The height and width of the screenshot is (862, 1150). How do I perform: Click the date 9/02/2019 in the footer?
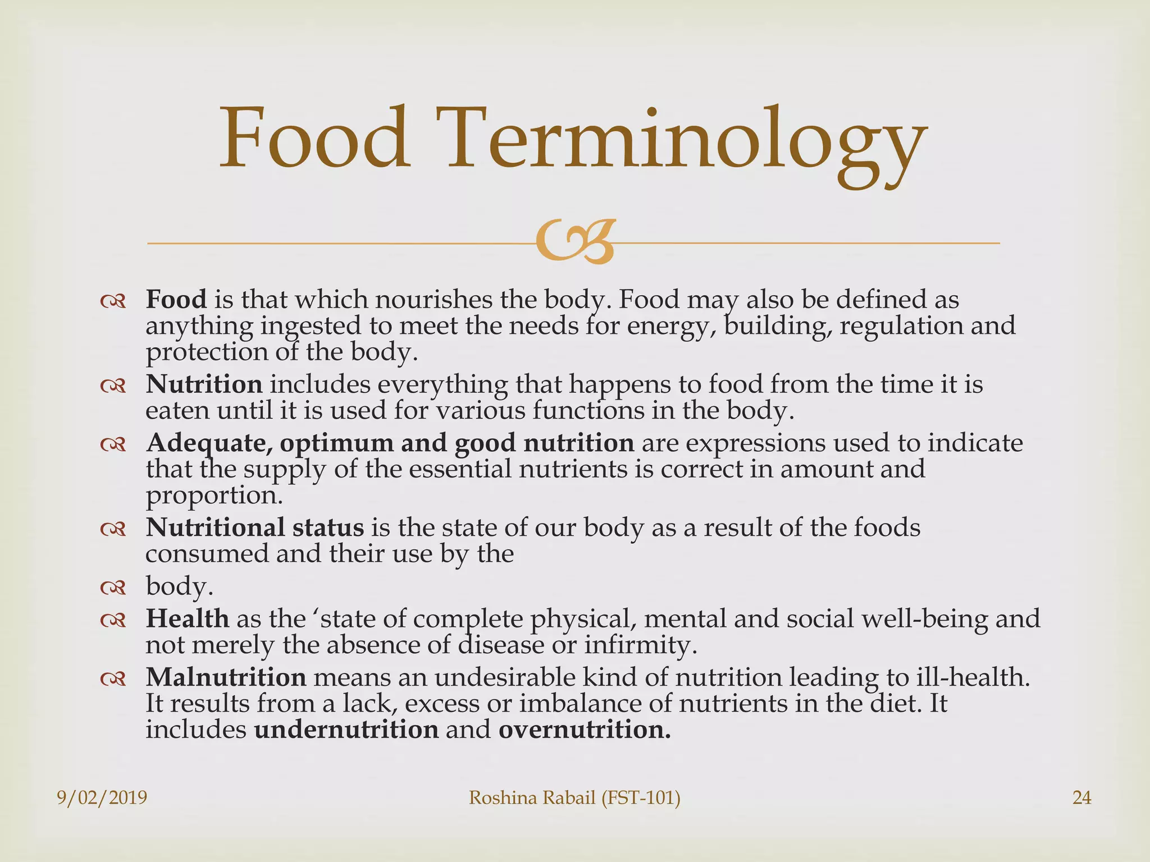(102, 797)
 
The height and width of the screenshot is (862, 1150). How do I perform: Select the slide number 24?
(1081, 797)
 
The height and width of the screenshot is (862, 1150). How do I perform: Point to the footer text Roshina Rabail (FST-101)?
(574, 797)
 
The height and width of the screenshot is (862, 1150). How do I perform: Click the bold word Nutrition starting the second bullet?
(204, 384)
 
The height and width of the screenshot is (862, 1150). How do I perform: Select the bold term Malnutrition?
(226, 677)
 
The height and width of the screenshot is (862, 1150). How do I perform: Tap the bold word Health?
(187, 618)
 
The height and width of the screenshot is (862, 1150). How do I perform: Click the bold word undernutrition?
(346, 730)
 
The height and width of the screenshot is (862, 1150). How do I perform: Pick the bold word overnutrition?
(584, 730)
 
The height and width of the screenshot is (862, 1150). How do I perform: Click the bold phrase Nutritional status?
(254, 528)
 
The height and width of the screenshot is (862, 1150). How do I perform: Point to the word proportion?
(213, 496)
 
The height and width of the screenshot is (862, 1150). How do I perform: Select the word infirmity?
(640, 645)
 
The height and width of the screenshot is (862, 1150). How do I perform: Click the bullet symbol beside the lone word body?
(113, 588)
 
